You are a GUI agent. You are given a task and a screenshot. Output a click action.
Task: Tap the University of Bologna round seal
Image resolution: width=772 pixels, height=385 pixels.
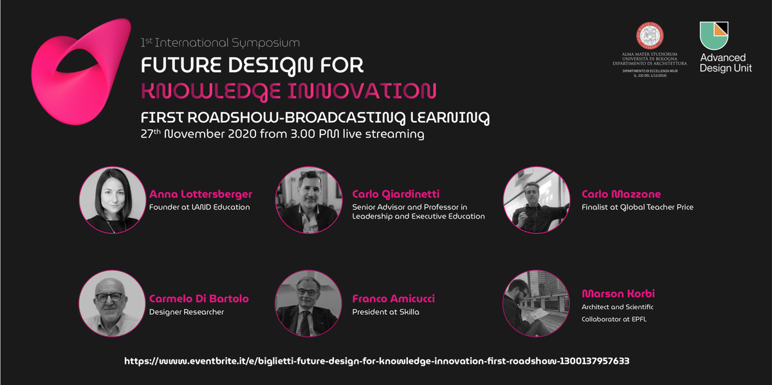pos(650,36)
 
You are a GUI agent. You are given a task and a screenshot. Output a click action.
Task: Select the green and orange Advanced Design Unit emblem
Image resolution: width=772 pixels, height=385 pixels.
pos(713,36)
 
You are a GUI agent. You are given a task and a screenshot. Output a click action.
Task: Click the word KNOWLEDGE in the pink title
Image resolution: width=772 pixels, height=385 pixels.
pos(210,91)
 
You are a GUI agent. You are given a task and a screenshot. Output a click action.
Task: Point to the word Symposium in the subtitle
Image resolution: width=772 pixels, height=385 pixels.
pos(266,43)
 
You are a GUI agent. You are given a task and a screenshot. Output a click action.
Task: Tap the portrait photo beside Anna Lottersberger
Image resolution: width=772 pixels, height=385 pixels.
pos(113,200)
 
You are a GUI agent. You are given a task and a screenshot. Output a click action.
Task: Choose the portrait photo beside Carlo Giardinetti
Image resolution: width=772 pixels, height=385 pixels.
pos(309,200)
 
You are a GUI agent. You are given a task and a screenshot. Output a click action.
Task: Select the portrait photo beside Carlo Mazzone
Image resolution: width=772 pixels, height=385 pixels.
pos(537,200)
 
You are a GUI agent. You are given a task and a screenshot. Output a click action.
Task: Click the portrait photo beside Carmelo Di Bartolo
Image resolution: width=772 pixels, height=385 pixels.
pos(113,303)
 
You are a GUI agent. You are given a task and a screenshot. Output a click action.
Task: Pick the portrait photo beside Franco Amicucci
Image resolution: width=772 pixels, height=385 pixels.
pos(308,303)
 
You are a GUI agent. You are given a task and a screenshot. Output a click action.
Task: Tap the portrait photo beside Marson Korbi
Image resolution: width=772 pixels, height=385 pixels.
pos(537,303)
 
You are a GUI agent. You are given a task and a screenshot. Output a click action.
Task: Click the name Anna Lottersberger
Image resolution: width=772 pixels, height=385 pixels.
pos(201,194)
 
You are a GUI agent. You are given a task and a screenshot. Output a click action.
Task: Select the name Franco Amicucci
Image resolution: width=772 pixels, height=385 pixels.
pos(393,299)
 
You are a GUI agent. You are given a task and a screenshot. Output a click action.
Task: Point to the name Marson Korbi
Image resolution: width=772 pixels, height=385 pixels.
pos(618,294)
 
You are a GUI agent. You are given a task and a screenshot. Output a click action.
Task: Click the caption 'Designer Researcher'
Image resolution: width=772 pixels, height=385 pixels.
pos(187,312)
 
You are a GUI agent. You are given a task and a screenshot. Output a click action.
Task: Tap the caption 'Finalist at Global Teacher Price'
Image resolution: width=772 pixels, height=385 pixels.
pos(638,208)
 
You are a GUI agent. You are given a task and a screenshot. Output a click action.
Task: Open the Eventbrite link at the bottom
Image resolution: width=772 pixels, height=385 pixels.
pos(377,361)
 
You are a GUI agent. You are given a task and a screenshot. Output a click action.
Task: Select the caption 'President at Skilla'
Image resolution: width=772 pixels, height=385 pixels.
pos(385,312)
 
